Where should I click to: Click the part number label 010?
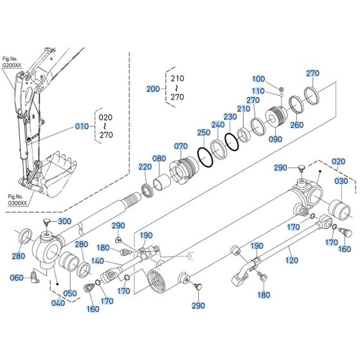coord(82,127)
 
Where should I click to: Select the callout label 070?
coord(181,146)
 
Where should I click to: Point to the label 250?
coord(204,132)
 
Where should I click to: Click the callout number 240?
coord(218,125)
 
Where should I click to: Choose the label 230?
coord(231,117)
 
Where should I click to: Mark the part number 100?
coord(258,78)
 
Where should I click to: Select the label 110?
coord(258,91)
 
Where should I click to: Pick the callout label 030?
coord(341,181)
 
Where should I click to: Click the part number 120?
coord(292,244)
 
